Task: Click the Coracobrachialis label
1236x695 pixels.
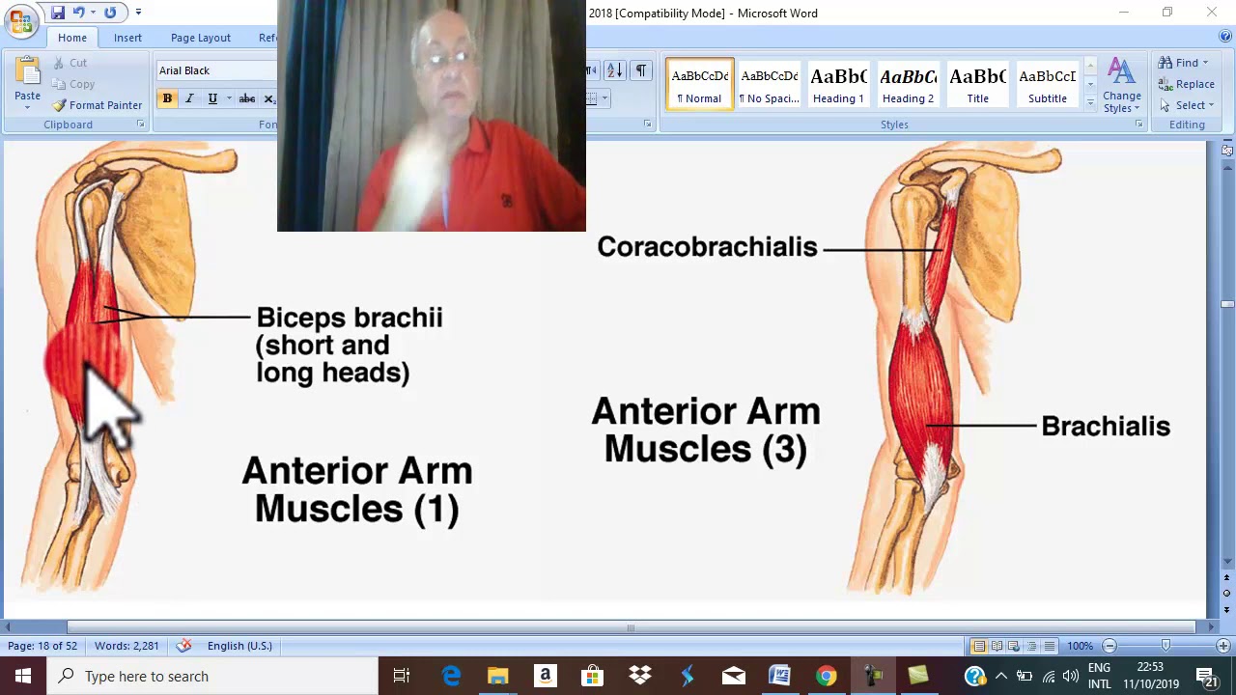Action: (x=707, y=247)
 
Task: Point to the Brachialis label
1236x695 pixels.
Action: (x=1106, y=427)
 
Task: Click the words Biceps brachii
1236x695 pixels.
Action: (x=350, y=318)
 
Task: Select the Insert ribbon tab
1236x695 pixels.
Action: (x=127, y=38)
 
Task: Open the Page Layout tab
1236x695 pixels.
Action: (x=201, y=38)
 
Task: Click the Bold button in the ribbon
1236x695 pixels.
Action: (x=167, y=98)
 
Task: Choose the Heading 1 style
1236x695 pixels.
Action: (x=838, y=85)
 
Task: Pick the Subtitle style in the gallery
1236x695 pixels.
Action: (x=1047, y=85)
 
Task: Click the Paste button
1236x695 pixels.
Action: (x=27, y=81)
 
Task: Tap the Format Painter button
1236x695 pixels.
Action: (x=98, y=105)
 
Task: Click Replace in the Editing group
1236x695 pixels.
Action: (x=1188, y=84)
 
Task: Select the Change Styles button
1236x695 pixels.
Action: (x=1121, y=85)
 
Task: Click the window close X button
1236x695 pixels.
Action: (x=1212, y=13)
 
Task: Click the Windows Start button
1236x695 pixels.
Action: (x=22, y=676)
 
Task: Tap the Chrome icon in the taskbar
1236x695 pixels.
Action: (x=826, y=676)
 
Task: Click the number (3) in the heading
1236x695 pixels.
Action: (x=784, y=450)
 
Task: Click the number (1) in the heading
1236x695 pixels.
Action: (x=436, y=510)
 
